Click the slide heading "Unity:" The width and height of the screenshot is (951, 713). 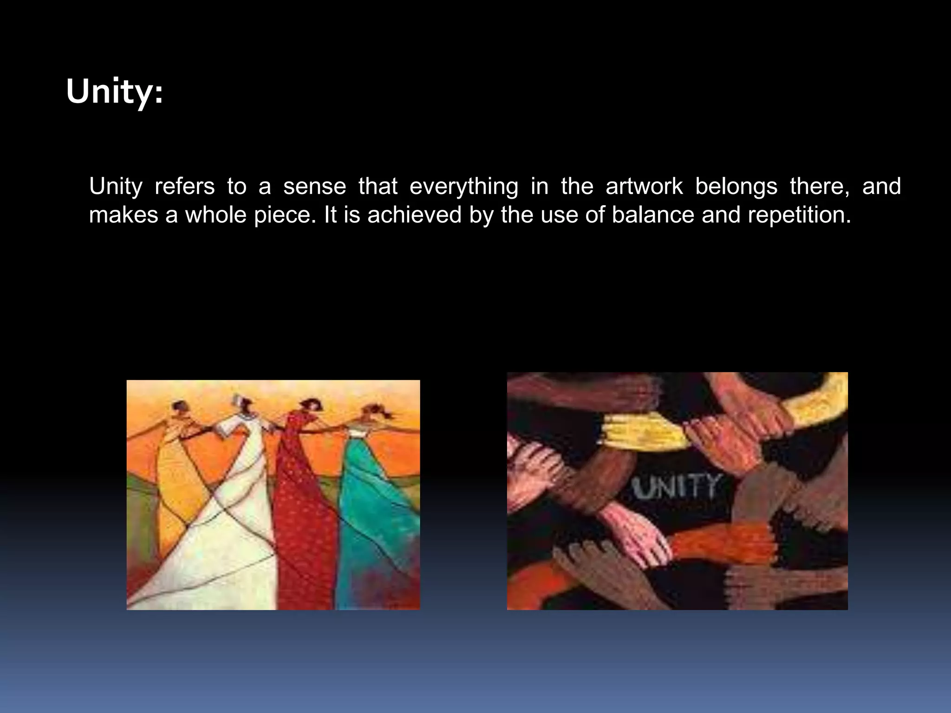[x=114, y=92]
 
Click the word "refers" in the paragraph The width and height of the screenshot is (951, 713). [x=184, y=187]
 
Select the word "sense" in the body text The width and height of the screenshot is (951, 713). [x=314, y=187]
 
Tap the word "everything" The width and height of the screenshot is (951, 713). [x=463, y=187]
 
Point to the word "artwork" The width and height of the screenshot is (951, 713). [x=644, y=187]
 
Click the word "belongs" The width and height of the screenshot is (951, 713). [x=736, y=187]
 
